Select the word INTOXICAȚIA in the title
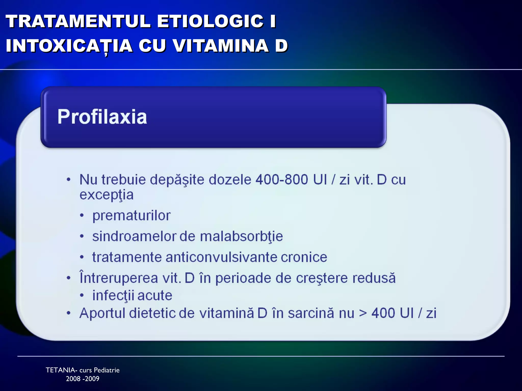[x=69, y=46]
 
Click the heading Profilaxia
[x=102, y=117]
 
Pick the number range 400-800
[x=282, y=180]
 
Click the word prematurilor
[x=131, y=216]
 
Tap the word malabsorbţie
[x=241, y=236]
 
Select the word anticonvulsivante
[x=221, y=257]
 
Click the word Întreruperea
[x=119, y=278]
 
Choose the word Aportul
[x=102, y=313]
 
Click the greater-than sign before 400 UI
[x=363, y=313]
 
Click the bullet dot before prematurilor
[x=82, y=216]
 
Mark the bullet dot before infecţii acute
[x=82, y=296]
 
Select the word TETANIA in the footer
[x=61, y=370]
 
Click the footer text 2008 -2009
[x=83, y=379]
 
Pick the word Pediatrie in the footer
[x=107, y=370]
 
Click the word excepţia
[x=107, y=195]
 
